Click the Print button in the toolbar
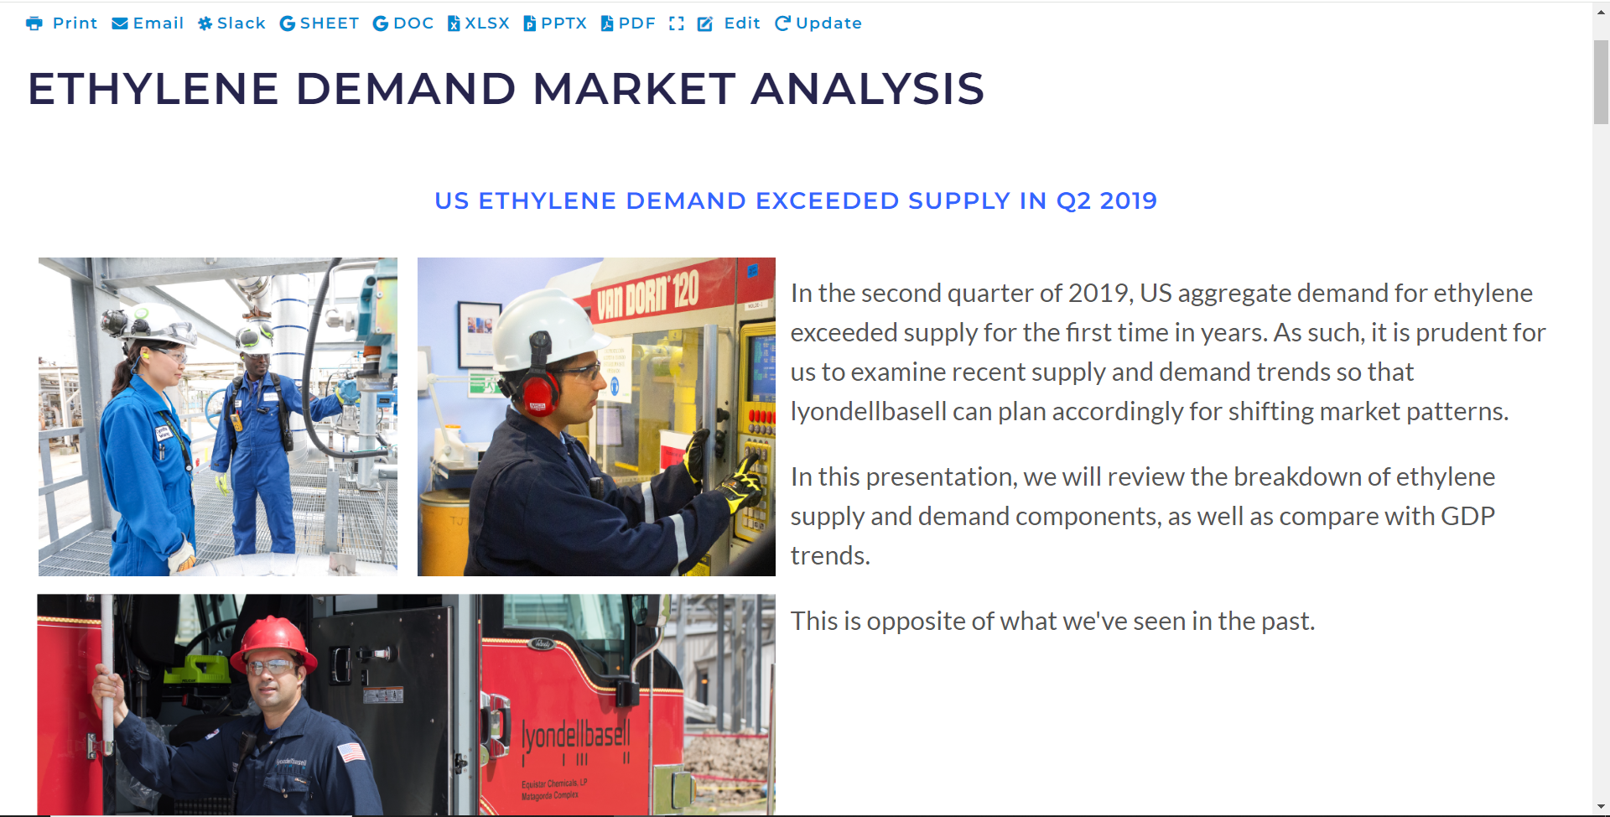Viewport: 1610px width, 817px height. point(62,23)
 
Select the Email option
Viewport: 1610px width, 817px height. point(148,23)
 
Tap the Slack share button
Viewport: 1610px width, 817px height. point(231,23)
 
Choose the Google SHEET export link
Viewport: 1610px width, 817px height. point(319,23)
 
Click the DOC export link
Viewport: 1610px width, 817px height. point(403,23)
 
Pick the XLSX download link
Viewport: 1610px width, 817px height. point(479,23)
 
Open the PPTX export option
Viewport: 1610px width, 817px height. point(555,23)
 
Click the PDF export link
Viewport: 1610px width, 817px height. point(628,23)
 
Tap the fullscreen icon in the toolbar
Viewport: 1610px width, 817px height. point(677,23)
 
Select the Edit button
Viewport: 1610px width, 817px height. point(729,23)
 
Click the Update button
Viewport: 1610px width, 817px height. point(818,23)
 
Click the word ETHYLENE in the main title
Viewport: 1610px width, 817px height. point(153,89)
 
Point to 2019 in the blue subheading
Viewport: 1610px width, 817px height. point(1128,201)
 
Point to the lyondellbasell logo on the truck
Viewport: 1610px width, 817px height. point(575,736)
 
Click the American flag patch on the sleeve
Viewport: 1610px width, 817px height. point(351,752)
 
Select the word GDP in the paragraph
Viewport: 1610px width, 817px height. point(1467,516)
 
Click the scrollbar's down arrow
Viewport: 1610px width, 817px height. point(1602,807)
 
